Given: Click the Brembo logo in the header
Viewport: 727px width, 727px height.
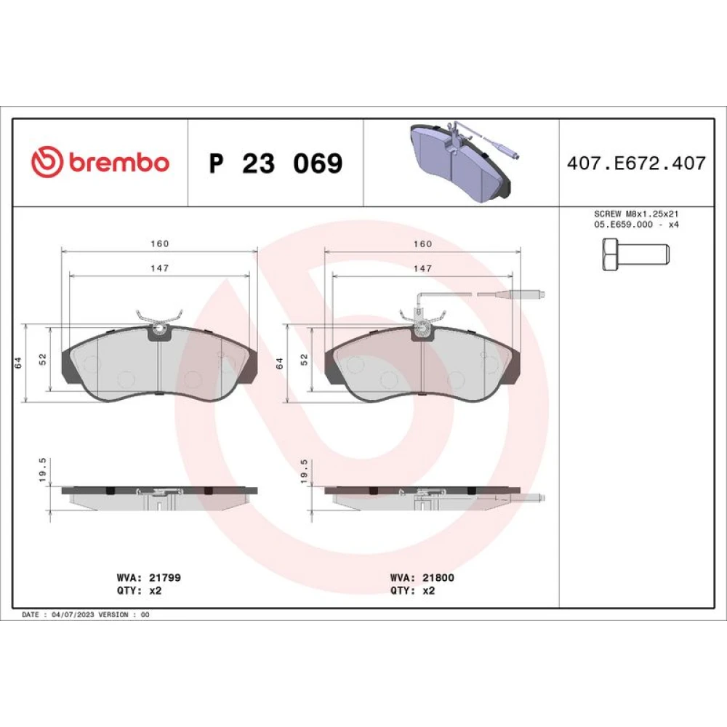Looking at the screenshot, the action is pos(100,162).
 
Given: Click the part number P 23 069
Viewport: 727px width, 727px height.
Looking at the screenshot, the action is pos(276,163).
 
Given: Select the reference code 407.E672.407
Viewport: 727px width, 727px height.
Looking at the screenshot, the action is pos(636,163).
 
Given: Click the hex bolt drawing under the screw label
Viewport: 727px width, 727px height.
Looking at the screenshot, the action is pos(635,254).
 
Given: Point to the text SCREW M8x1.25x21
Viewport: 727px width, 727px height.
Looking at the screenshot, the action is pos(636,214).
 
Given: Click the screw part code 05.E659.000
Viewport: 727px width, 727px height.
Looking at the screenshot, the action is pos(623,225).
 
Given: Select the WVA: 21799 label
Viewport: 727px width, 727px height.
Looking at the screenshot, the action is pos(149,578).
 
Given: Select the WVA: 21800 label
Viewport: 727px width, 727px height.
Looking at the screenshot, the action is pos(422,578).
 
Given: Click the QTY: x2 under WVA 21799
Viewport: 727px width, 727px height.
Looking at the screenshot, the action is pos(139,590).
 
